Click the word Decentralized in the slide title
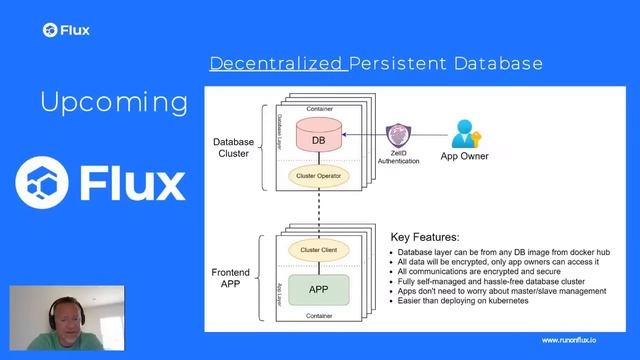277,64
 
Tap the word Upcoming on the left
114,102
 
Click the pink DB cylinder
318,140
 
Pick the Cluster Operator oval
318,175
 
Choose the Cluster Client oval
318,249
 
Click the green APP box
318,289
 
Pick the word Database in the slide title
497,64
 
